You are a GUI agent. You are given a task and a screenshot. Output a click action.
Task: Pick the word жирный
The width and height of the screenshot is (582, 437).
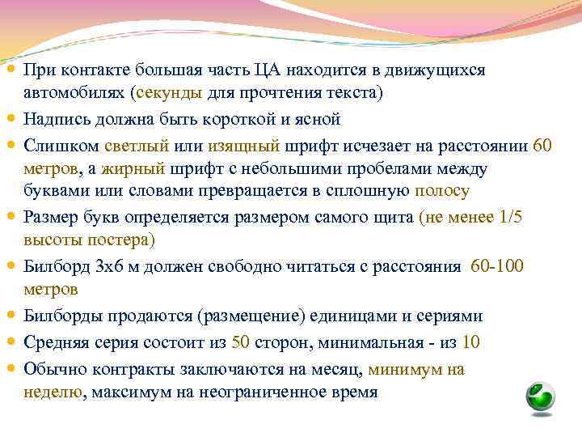[139, 169]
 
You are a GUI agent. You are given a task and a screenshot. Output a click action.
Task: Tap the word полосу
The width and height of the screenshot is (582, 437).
[441, 191]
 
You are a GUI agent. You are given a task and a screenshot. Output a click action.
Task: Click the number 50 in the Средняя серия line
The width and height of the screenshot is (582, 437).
[240, 342]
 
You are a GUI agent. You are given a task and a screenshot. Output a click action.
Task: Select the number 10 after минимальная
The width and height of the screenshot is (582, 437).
[471, 342]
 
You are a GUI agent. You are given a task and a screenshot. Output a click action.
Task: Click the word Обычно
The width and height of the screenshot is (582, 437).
[52, 369]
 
